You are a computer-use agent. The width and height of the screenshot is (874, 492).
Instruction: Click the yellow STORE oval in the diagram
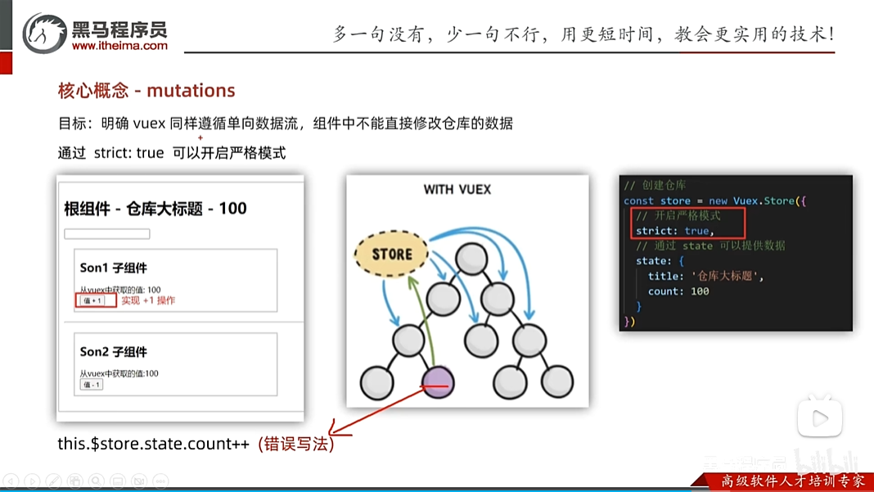[x=392, y=254]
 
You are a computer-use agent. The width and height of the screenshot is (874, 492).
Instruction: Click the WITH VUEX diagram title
[x=457, y=189]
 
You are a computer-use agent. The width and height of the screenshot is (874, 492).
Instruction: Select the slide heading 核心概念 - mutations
[x=146, y=91]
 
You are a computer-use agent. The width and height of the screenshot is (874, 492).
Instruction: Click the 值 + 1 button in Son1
[x=92, y=300]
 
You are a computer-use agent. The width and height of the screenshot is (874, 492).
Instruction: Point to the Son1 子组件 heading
[x=114, y=268]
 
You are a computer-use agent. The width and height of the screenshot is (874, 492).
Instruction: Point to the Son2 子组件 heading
[x=114, y=352]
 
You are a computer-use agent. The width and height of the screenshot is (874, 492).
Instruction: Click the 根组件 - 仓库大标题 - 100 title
[x=155, y=209]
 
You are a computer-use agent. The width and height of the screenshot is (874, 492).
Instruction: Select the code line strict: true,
[x=675, y=231]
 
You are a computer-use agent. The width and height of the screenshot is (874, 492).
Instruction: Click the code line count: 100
[x=678, y=291]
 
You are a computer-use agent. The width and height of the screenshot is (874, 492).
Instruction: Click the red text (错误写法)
[x=295, y=445]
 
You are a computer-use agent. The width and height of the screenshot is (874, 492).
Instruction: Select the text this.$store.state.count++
[x=153, y=445]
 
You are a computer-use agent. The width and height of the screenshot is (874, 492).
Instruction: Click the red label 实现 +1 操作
[x=148, y=300]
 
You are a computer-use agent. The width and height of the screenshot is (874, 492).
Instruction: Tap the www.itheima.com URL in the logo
[x=119, y=47]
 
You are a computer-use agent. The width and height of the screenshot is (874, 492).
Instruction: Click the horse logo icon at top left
[x=44, y=34]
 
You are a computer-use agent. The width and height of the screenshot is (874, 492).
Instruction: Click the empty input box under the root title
[x=107, y=234]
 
